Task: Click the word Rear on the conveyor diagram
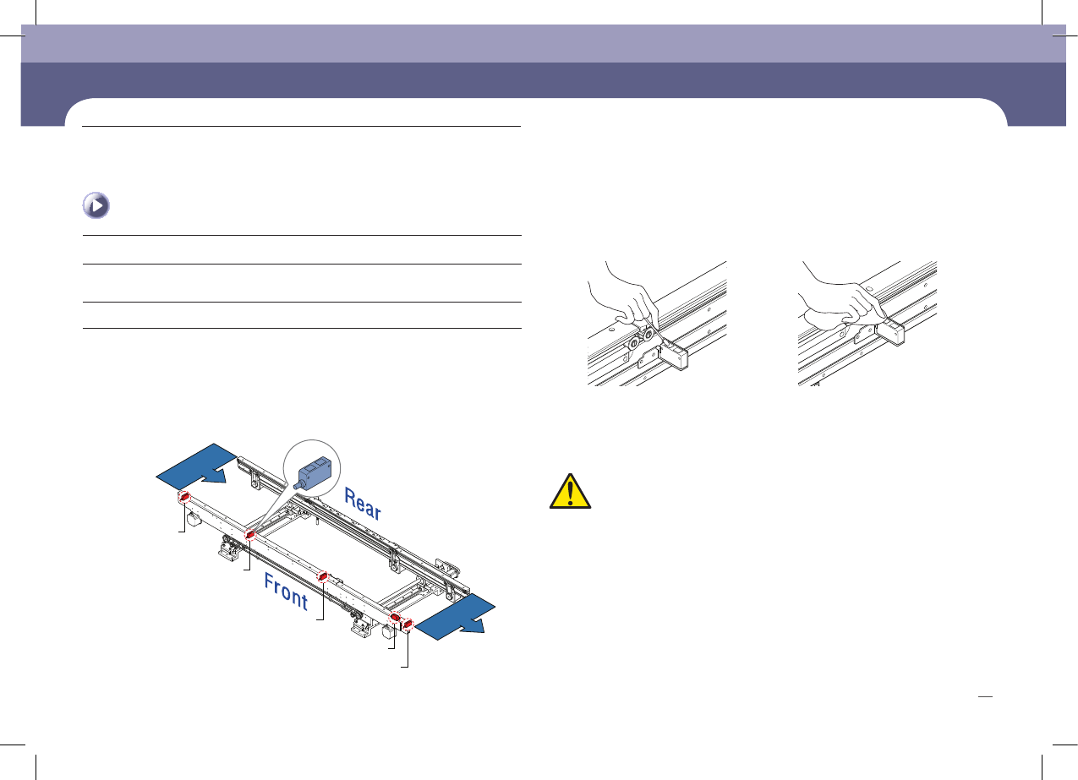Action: tap(363, 502)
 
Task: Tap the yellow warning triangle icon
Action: tap(570, 492)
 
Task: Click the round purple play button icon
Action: tap(97, 206)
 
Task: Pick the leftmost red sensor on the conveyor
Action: tap(183, 497)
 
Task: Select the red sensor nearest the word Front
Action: tap(323, 576)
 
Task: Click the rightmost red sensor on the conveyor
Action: tap(408, 625)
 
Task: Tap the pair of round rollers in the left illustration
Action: tap(639, 341)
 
